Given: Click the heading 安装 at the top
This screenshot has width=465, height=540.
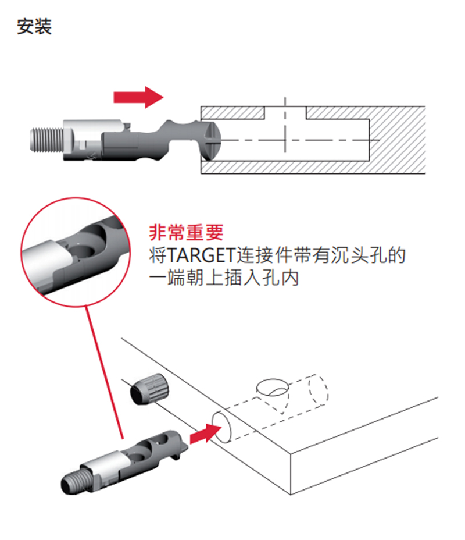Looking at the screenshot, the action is click(34, 27).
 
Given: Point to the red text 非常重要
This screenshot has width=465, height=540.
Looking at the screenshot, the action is click(186, 233).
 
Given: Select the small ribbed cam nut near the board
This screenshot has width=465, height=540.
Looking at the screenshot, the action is click(150, 389).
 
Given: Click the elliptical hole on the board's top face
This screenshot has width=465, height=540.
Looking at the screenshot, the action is click(273, 386).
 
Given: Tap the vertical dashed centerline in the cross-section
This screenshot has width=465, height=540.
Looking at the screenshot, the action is click(286, 134).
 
